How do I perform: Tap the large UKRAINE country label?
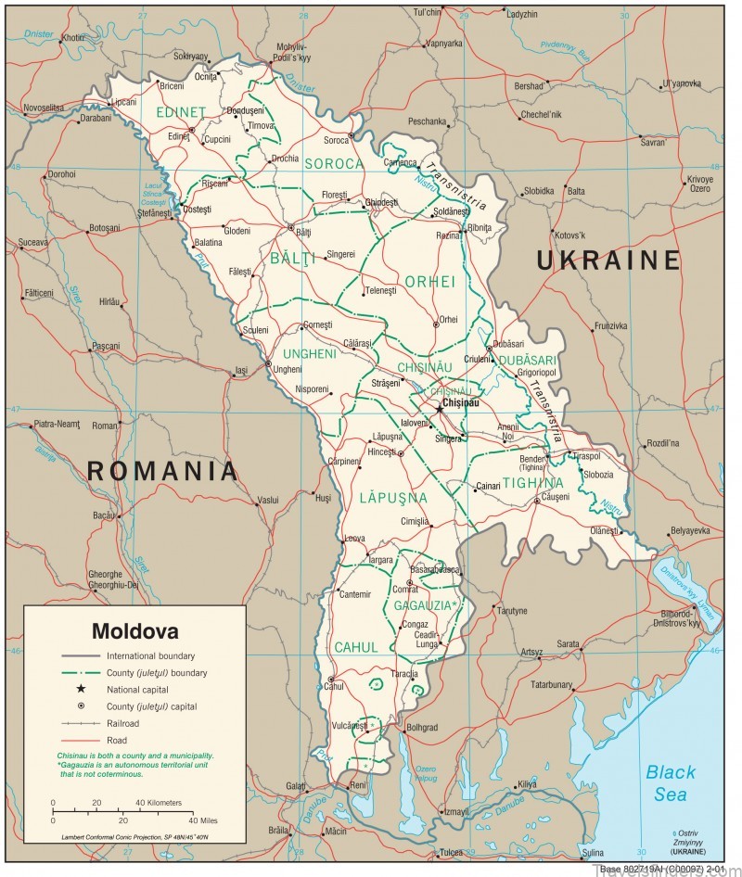coord(608,261)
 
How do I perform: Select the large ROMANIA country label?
coord(162,471)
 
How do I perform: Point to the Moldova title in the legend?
coord(134,632)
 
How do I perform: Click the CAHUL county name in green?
coord(356,647)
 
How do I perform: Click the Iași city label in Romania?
coord(241,371)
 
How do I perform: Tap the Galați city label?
coord(296,786)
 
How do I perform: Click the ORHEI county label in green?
coord(430,281)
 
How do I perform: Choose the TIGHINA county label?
coord(532,483)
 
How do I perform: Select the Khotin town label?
coord(73,38)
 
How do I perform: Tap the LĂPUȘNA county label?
coord(394,498)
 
